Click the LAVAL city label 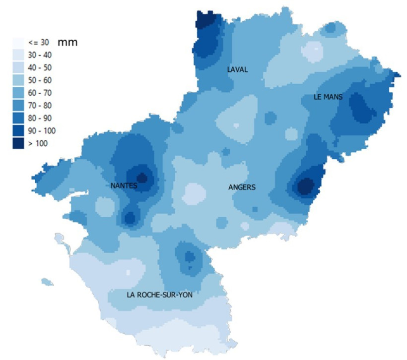(x=237, y=70)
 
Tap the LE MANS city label (x=328, y=97)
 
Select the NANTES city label (x=124, y=185)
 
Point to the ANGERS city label (x=242, y=187)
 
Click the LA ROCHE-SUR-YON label (x=159, y=295)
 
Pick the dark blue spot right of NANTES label (x=142, y=178)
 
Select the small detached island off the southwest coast (x=47, y=282)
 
